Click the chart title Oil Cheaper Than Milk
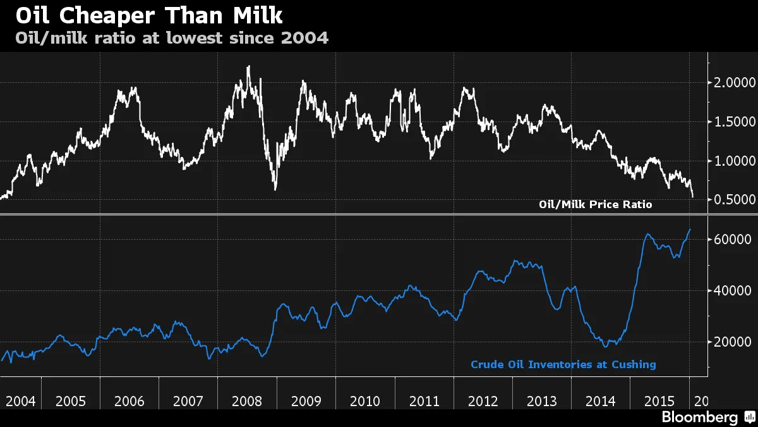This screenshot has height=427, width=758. coord(149,15)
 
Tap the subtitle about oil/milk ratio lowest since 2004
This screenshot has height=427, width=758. coord(171,37)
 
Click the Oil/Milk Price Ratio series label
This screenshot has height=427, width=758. coord(595,204)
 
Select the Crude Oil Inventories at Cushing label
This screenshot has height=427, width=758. coord(563,364)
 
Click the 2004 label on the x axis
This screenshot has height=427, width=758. coord(20,401)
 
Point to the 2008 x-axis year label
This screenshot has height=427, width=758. coord(247,401)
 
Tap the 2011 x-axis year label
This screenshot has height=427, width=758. coord(424,401)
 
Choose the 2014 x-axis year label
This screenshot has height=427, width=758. coord(601,401)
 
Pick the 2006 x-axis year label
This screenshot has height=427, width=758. coord(129,401)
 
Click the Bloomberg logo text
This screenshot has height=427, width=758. coord(699,418)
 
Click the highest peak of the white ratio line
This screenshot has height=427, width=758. coord(248,66)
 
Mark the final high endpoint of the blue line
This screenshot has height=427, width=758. coord(690,230)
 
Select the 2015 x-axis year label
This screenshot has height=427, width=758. coord(659,401)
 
